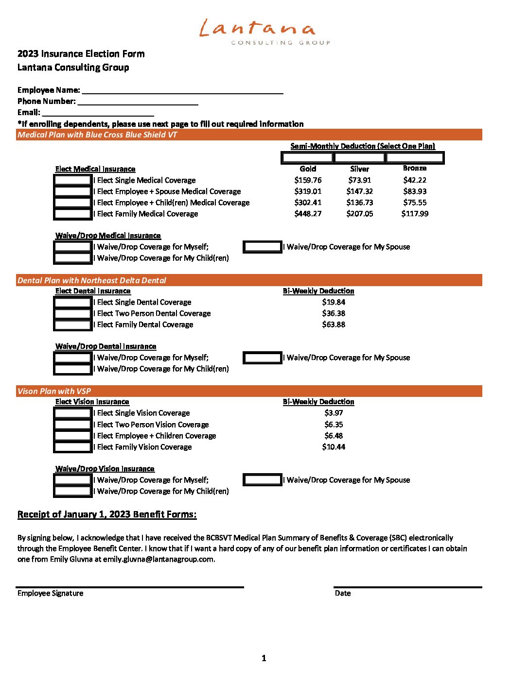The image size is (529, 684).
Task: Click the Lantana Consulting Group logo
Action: tap(264, 32)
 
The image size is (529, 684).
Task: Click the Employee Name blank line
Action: tap(182, 90)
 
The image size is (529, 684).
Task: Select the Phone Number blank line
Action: tap(138, 101)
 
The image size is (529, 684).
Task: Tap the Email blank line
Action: tap(98, 112)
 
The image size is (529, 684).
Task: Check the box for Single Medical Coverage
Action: tap(73, 180)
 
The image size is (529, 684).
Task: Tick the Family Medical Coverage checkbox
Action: tap(73, 214)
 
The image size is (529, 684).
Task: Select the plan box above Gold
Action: tap(307, 157)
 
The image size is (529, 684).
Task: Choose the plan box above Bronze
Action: tap(415, 157)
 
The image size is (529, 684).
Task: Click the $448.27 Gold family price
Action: tap(308, 214)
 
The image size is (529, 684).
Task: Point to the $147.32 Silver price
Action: tap(360, 191)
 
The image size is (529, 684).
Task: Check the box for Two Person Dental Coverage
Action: tap(73, 313)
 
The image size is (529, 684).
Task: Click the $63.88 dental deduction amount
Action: tap(334, 325)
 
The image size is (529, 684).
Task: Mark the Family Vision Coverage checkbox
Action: tap(73, 447)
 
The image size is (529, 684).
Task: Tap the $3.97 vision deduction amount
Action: tap(334, 413)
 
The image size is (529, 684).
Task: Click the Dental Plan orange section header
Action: tap(249, 280)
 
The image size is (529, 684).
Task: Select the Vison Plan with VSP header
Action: tap(249, 391)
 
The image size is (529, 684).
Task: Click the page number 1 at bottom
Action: tap(264, 658)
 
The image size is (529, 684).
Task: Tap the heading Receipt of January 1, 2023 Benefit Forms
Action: tap(107, 514)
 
